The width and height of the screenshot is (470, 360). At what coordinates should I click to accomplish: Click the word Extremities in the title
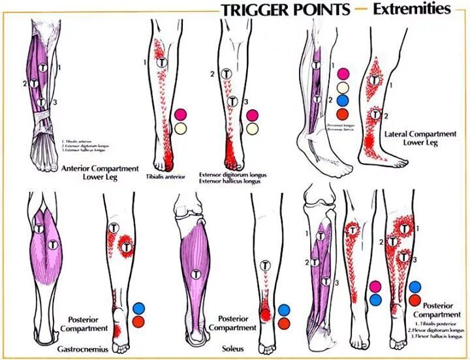coord(412,9)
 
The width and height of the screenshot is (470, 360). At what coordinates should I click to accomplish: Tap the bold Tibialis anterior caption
coord(161,176)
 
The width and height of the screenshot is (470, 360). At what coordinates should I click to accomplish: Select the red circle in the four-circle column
coord(343,113)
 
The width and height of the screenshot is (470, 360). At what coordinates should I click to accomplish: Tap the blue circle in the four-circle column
coord(343,100)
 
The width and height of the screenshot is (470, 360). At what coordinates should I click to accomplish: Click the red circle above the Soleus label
coord(284,323)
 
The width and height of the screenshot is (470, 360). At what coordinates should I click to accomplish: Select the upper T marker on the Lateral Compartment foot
coord(375,80)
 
